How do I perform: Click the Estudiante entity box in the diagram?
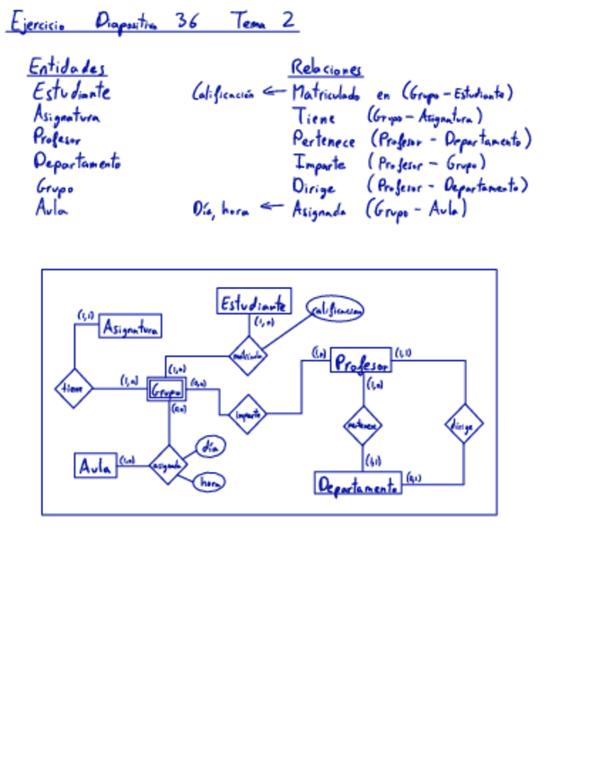254,302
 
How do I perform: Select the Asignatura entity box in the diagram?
130,328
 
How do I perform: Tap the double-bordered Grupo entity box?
167,390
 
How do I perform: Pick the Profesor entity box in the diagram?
361,363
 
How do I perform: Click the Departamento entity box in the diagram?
358,485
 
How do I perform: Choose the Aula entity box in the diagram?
95,466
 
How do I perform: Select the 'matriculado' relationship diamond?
248,355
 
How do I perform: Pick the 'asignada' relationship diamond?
167,465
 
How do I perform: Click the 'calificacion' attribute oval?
336,310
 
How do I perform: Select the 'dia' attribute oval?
210,445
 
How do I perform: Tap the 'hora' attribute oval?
209,483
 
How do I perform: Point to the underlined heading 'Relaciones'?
326,68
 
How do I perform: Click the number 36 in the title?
187,22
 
